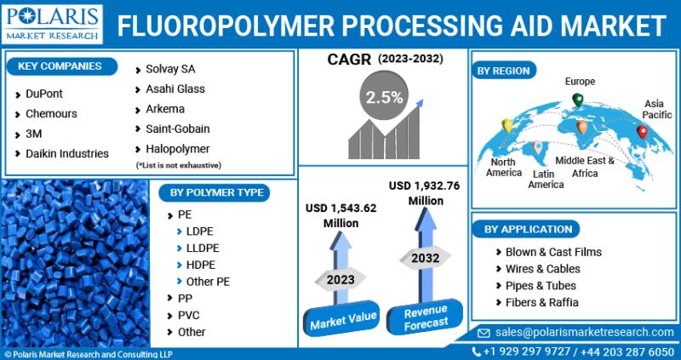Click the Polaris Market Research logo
[x=52, y=24]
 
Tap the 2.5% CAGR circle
[x=384, y=97]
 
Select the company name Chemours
[x=51, y=114]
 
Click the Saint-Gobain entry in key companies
[x=178, y=129]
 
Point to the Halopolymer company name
[x=178, y=149]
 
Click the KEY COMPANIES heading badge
[x=61, y=66]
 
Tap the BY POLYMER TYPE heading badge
[x=215, y=193]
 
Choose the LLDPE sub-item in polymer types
[x=203, y=249]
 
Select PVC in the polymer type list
[x=188, y=315]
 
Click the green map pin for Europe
[x=578, y=100]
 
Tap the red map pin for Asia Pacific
[x=642, y=132]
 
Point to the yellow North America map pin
[x=506, y=125]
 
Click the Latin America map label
[x=546, y=179]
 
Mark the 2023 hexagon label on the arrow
[x=340, y=279]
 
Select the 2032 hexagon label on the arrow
[x=425, y=258]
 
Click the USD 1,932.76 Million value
[x=425, y=193]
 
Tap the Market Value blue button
[x=342, y=318]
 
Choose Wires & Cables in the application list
[x=543, y=269]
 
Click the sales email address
[x=584, y=333]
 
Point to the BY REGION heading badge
[x=503, y=71]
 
